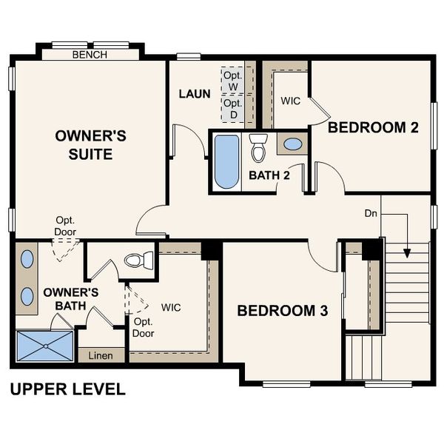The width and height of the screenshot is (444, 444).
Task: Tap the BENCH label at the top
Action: [x=90, y=55]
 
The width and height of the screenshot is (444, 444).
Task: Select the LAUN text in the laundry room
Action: [x=195, y=94]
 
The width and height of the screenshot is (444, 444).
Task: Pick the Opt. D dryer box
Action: [x=233, y=109]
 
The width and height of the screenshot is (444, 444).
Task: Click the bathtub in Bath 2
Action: [x=226, y=161]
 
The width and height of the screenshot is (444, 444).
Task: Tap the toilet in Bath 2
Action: [x=258, y=149]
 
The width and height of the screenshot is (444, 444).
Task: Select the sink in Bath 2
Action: [x=293, y=144]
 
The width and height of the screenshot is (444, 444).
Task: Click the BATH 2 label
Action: [x=269, y=175]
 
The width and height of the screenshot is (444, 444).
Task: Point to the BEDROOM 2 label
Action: [x=373, y=127]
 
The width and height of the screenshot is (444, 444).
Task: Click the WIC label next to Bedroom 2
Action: [x=291, y=101]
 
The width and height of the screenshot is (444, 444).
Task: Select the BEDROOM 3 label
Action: [x=282, y=311]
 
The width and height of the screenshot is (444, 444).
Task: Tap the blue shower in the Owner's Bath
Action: [x=45, y=346]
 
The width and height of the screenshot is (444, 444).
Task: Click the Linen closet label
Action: [x=101, y=356]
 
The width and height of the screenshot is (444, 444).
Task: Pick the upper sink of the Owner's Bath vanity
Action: [x=27, y=260]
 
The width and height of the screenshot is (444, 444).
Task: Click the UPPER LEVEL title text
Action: [x=67, y=388]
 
